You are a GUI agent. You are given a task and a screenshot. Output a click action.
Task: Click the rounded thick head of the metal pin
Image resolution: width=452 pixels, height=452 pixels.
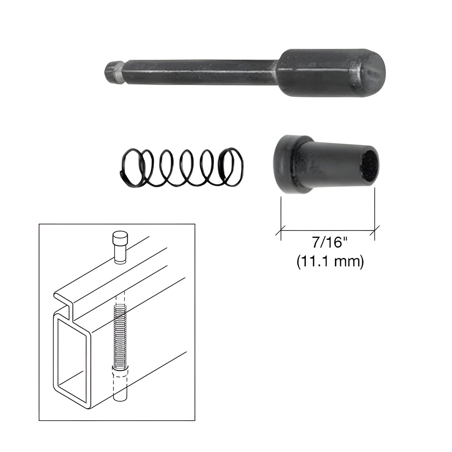point(331,73)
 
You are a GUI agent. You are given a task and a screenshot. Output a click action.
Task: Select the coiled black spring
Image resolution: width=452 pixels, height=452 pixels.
point(182,168)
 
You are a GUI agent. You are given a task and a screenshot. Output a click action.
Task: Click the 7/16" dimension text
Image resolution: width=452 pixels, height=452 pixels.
point(330,243)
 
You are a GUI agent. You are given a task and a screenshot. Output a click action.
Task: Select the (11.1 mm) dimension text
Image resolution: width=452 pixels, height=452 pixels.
point(330,262)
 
